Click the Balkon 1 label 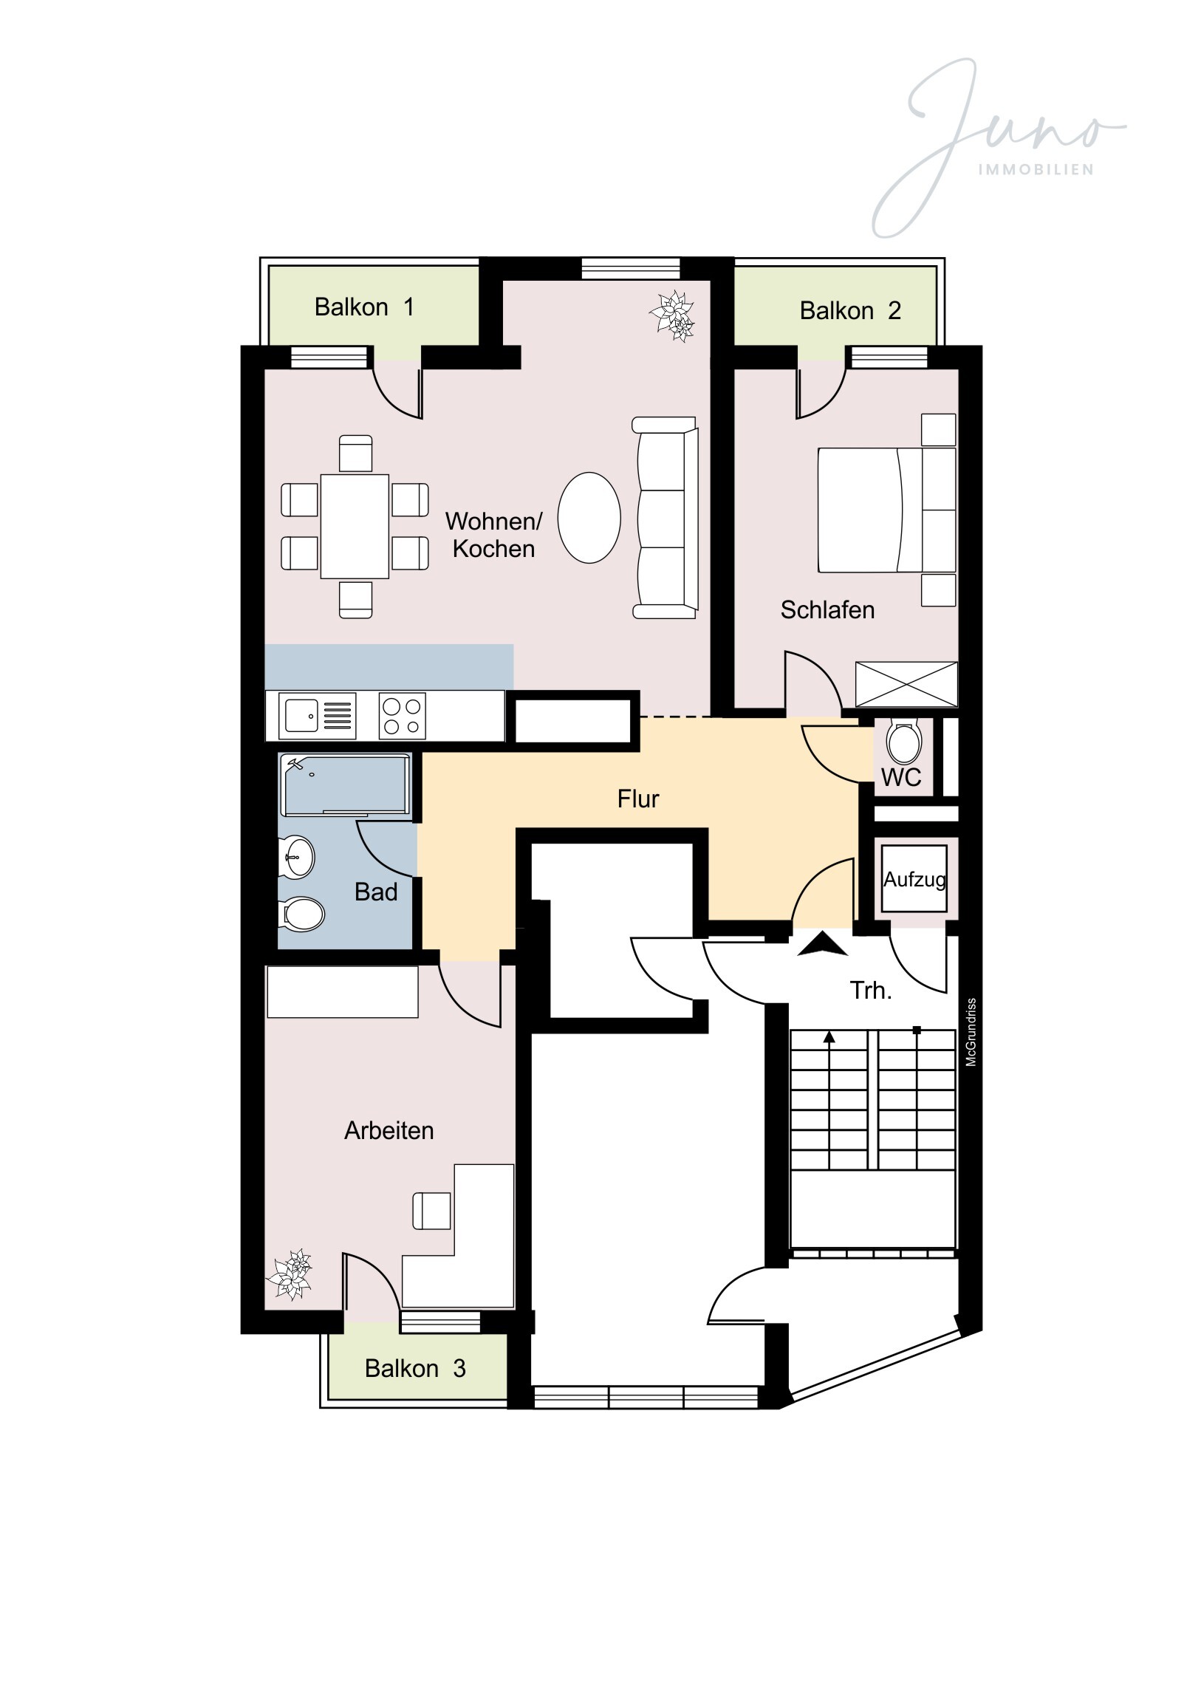(364, 307)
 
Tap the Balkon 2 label (850, 310)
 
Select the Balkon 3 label (415, 1368)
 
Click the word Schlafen (827, 609)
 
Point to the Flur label (638, 799)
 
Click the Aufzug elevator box (914, 878)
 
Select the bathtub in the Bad (345, 784)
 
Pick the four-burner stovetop (402, 716)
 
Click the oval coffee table (589, 518)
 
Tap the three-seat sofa (665, 518)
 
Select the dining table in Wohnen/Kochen (355, 526)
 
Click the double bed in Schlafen (886, 510)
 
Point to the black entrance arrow (821, 945)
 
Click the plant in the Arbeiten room (290, 1274)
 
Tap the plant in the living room (673, 316)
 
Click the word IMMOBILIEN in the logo (1036, 169)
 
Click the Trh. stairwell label (870, 990)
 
